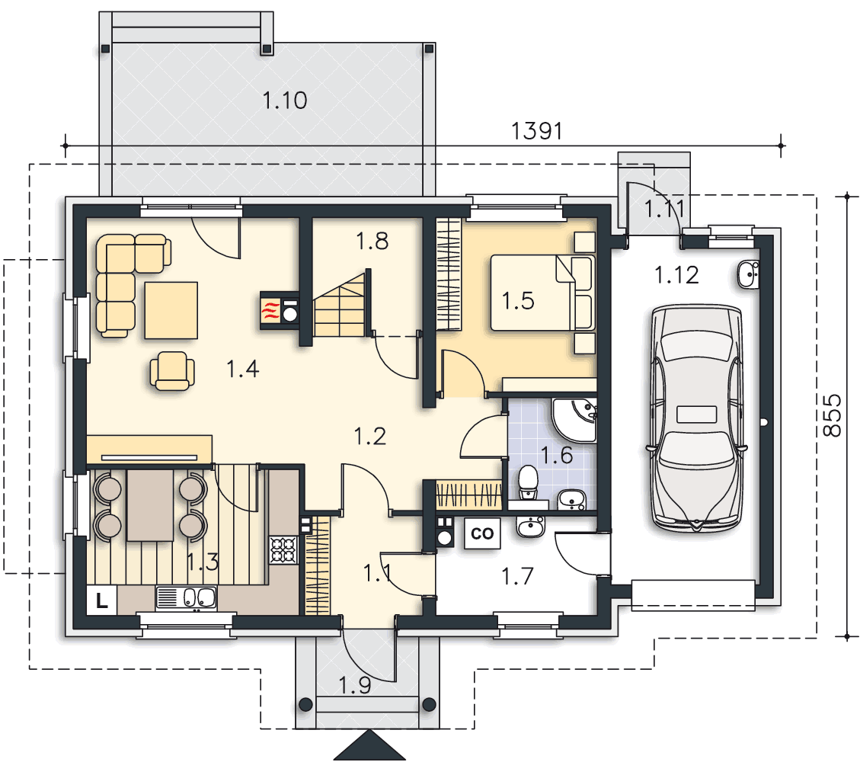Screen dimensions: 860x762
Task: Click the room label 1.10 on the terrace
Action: [284, 101]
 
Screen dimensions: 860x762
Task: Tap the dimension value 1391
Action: [536, 131]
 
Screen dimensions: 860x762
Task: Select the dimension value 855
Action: [832, 415]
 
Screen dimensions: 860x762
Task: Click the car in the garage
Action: [696, 418]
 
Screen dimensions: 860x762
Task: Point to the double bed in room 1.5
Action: [542, 293]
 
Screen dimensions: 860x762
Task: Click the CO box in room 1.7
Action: [482, 533]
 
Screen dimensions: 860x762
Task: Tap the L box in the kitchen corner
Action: [102, 600]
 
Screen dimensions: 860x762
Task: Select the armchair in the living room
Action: [172, 371]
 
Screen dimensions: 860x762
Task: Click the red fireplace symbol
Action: [270, 310]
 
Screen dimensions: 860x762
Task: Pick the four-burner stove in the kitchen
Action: [283, 549]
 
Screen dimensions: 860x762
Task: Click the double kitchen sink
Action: [187, 598]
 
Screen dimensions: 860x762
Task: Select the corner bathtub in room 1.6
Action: [574, 420]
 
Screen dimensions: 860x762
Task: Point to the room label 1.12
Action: [677, 275]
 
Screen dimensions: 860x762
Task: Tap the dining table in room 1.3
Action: [150, 504]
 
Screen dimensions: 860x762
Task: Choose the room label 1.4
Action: [243, 369]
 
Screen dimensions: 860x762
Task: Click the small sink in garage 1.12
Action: [748, 274]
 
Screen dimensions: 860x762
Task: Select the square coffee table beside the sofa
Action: [171, 310]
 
